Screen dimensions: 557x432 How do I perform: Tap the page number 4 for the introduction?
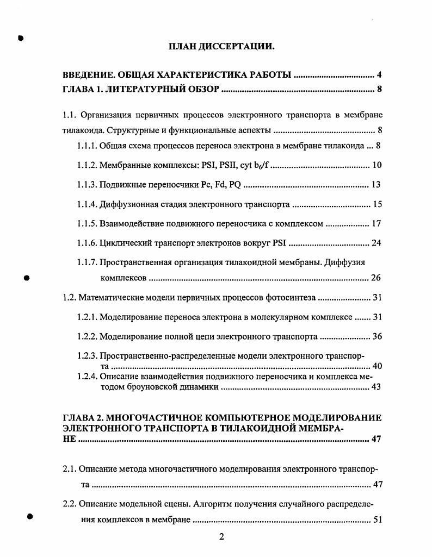click(379, 75)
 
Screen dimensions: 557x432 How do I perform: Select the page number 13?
click(376, 185)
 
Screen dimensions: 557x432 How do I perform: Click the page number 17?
click(377, 223)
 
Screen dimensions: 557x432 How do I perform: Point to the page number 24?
click(377, 243)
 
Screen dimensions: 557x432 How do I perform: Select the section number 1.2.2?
click(87, 337)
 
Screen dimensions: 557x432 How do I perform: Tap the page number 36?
click(377, 337)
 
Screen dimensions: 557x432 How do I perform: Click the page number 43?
click(376, 387)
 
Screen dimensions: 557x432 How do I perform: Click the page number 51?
click(377, 520)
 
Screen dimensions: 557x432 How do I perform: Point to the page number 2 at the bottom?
click(221, 538)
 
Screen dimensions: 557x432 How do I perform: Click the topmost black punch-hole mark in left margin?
click(21, 38)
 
